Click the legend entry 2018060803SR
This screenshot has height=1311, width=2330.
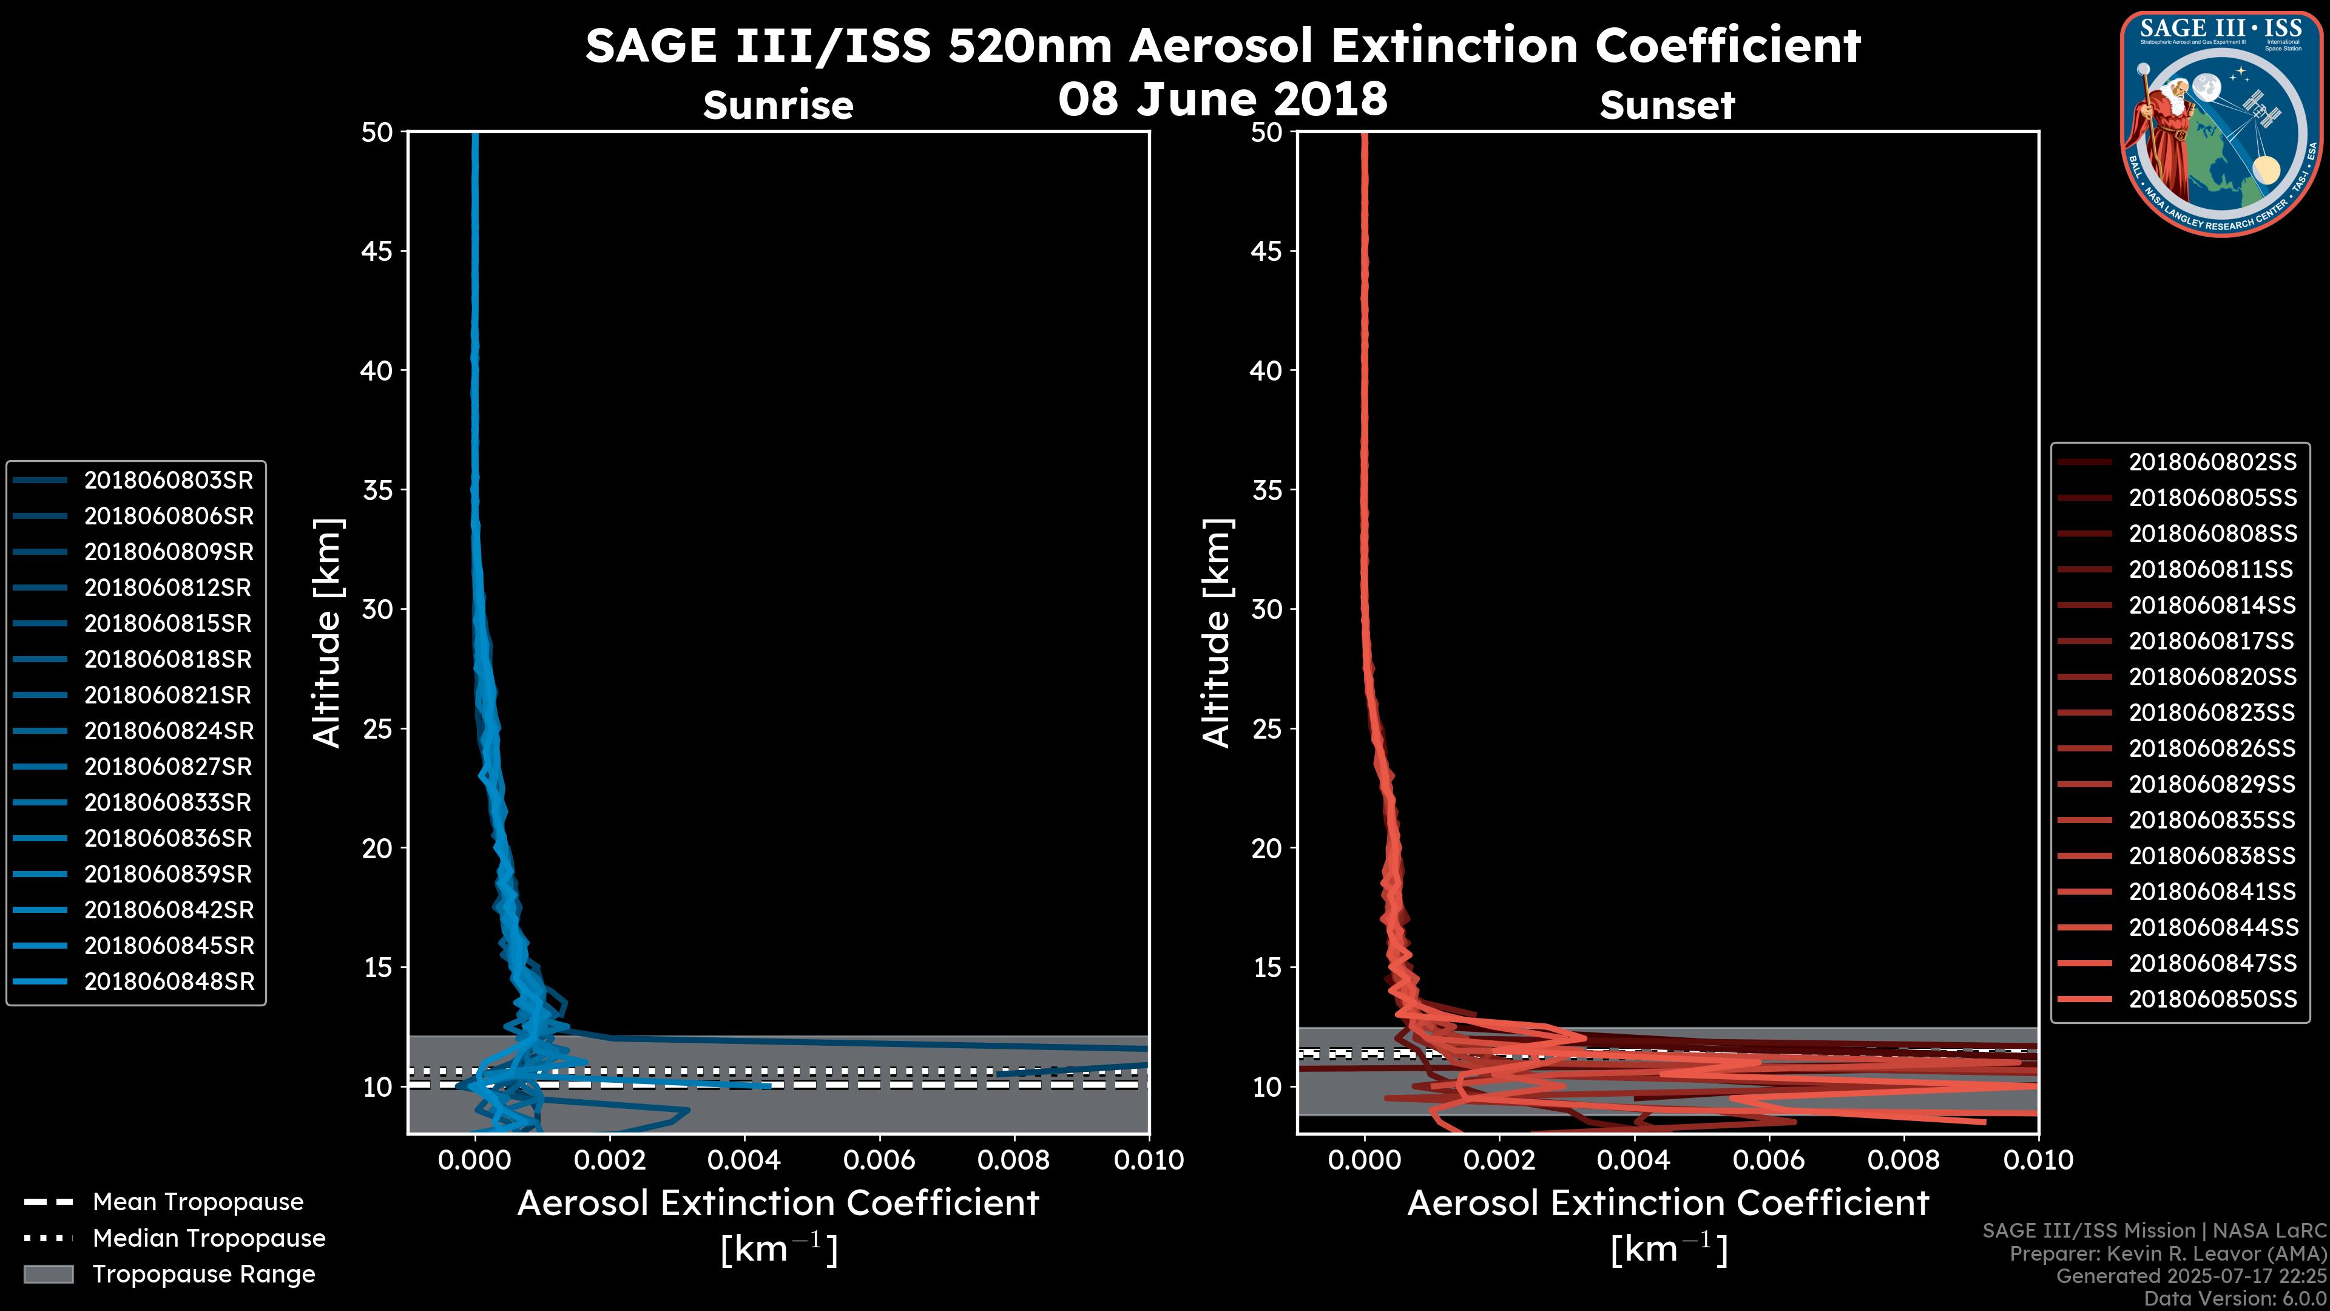(x=168, y=481)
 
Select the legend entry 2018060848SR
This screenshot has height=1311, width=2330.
(x=168, y=981)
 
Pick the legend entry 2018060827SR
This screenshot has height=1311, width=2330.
(x=168, y=767)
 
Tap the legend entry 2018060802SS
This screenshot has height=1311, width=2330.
(x=2212, y=462)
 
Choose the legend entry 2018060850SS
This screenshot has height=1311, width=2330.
(x=2212, y=999)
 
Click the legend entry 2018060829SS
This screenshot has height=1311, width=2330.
(x=2212, y=784)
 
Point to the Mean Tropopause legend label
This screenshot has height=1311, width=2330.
(x=198, y=1202)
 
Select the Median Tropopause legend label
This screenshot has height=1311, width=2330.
(x=209, y=1239)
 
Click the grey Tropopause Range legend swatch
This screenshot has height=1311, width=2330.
(x=48, y=1274)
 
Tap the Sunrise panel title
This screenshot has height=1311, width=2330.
(x=778, y=106)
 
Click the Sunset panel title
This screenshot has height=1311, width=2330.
(x=1667, y=106)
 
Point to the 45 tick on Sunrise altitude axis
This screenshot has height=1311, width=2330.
(x=377, y=251)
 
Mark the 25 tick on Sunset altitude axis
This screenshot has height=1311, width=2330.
(x=1266, y=729)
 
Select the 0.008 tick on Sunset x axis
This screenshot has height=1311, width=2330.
(x=1904, y=1160)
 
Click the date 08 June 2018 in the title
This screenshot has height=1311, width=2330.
(x=1222, y=98)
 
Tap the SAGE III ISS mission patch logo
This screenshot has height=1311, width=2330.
(x=2221, y=123)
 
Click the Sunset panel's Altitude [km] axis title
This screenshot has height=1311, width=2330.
(x=1217, y=633)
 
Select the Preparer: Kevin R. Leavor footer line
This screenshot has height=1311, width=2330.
(x=2167, y=1254)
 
